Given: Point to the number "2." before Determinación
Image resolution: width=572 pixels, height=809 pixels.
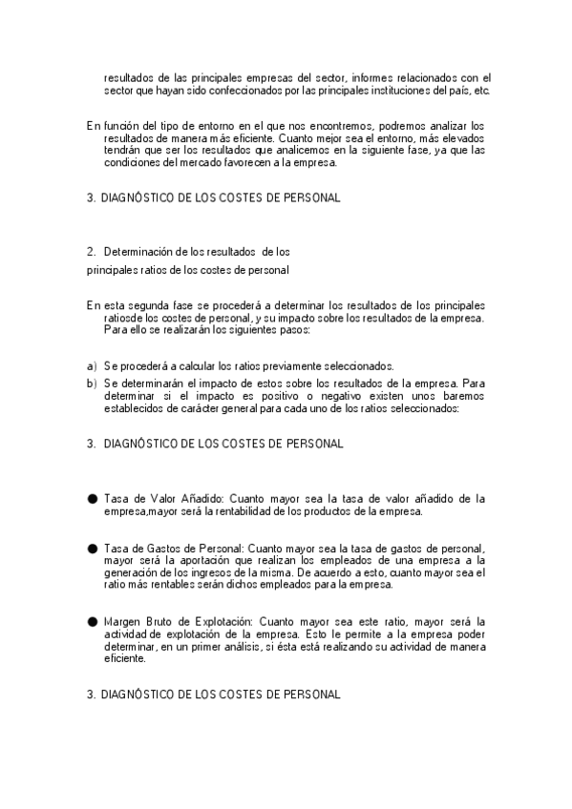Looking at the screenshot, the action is click(x=92, y=252).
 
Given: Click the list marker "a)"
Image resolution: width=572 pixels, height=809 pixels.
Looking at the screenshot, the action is click(x=92, y=366).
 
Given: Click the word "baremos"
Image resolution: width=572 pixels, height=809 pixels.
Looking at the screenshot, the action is click(x=463, y=397).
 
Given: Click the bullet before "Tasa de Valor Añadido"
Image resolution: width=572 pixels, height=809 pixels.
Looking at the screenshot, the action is click(x=92, y=498).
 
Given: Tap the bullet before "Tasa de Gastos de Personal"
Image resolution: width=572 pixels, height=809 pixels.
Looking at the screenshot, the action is click(x=92, y=549).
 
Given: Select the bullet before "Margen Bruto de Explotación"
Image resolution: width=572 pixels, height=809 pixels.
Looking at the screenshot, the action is click(x=92, y=621).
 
